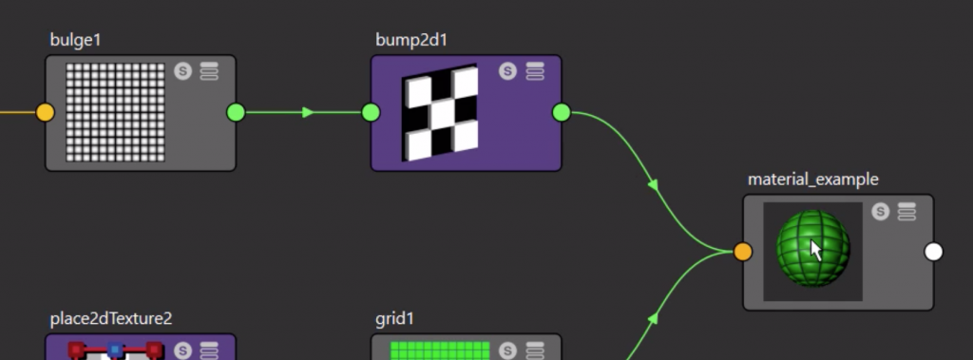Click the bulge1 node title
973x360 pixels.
76,40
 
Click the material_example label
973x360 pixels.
812,179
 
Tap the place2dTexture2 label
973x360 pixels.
110,318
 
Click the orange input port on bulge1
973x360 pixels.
45,113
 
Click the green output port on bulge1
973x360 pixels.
236,113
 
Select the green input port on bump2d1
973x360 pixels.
371,113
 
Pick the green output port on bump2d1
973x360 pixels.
562,113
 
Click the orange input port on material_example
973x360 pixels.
743,252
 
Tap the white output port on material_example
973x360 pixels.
934,252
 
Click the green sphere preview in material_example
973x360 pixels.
812,249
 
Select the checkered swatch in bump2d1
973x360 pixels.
440,113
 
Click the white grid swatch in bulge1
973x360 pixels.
114,112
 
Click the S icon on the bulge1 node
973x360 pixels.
183,72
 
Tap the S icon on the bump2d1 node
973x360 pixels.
508,71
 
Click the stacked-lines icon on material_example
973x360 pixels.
906,211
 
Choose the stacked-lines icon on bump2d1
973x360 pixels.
535,71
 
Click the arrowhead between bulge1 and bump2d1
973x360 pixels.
307,113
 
